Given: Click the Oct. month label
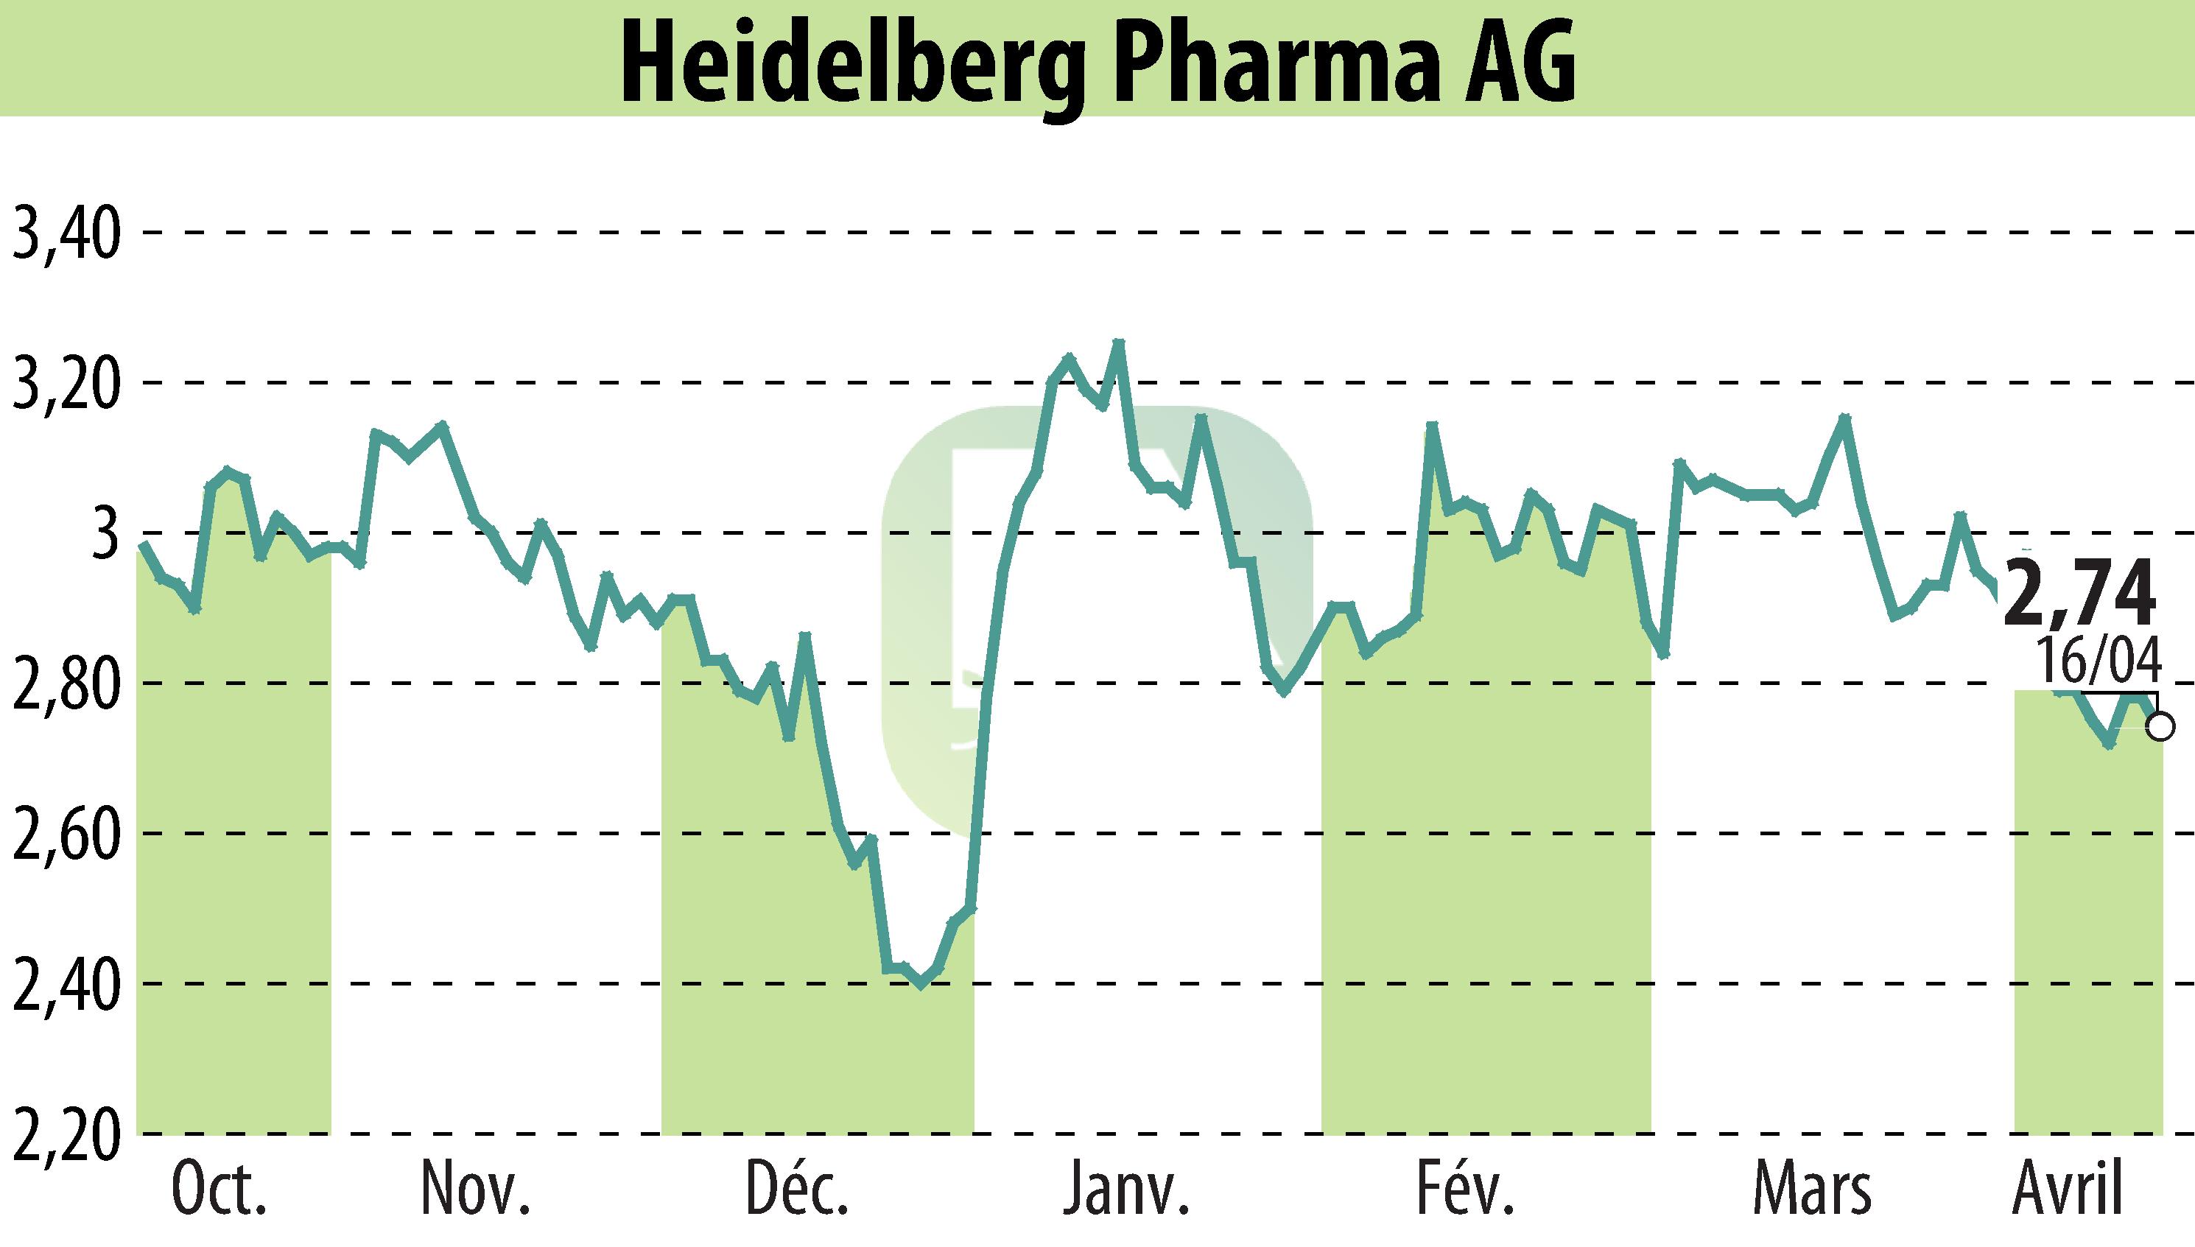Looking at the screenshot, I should click(220, 1191).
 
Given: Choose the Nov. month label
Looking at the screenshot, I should click(476, 1191).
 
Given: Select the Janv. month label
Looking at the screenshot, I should click(1125, 1191).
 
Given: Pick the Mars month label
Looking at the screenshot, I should click(1811, 1191).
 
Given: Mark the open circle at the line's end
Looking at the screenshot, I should click(2162, 726).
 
